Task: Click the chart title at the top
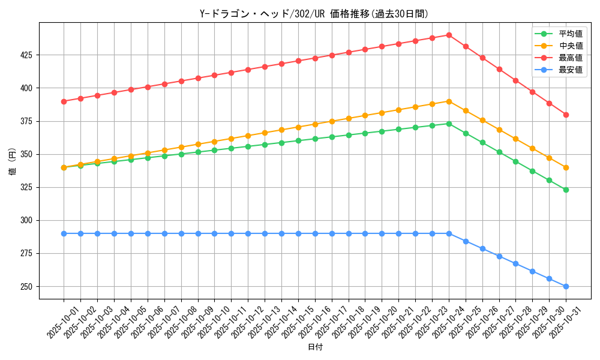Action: coord(314,14)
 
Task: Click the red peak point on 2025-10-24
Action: coord(449,35)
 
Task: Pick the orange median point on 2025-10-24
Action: coord(449,101)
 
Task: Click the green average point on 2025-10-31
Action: coord(566,190)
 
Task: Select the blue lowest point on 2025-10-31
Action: coord(566,286)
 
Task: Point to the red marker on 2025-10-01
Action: coord(64,101)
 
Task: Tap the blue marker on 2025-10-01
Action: coord(64,233)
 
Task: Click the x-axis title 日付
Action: coord(315,347)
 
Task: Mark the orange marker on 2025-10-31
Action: coord(566,167)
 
